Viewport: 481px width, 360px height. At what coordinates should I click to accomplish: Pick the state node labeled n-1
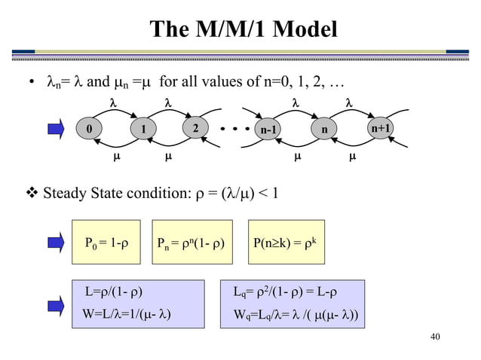pyautogui.click(x=269, y=129)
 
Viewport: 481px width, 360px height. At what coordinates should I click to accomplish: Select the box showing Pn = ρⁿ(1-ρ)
pyautogui.click(x=193, y=243)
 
